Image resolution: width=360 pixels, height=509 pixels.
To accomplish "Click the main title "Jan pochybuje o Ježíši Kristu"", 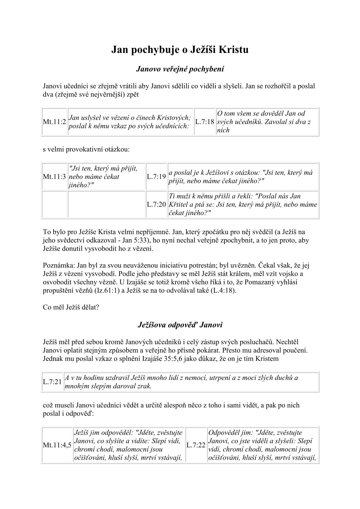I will click(180, 50).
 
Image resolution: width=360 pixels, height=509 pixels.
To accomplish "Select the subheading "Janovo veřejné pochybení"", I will click(180, 69).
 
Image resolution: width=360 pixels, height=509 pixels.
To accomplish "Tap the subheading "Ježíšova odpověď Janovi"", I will click(180, 325).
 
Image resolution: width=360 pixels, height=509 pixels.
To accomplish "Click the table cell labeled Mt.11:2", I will click(54, 122).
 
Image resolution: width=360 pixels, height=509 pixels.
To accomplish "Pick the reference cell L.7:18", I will click(205, 122).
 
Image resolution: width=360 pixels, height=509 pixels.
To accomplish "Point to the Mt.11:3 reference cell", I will click(54, 177).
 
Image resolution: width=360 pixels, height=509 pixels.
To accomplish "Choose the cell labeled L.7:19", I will click(156, 177).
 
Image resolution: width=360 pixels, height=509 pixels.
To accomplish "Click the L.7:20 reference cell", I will click(156, 204).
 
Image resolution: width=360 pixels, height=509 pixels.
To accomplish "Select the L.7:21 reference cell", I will click(52, 382).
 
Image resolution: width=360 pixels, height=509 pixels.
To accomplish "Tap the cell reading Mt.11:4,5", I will click(57, 445).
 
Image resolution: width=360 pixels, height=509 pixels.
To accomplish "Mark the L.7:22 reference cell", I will click(196, 445).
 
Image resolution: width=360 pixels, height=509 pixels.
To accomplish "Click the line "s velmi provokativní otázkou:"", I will click(86, 149).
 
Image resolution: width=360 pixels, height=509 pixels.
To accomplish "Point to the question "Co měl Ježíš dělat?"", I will click(71, 307).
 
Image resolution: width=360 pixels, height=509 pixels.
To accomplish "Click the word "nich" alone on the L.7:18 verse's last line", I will click(223, 130).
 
